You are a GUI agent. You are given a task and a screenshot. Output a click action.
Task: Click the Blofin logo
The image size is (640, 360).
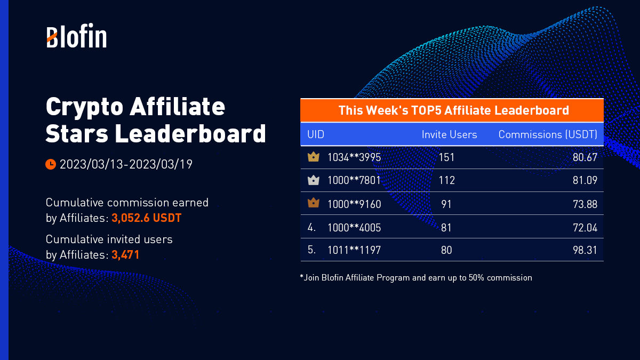[76, 36]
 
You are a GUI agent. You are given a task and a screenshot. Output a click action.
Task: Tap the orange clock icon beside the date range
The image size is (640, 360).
[51, 164]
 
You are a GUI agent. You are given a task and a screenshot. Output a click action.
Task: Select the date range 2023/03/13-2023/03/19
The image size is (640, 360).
[126, 164]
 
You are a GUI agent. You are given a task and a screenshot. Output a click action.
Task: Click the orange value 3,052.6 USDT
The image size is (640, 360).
[147, 218]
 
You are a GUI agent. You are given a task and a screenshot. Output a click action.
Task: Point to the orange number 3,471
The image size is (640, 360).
[125, 255]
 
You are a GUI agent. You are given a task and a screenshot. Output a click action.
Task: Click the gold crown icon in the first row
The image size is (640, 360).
[314, 157]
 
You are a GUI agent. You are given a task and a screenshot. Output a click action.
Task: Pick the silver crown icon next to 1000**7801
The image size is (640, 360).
[314, 180]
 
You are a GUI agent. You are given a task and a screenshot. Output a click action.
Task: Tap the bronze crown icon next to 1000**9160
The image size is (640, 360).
[314, 203]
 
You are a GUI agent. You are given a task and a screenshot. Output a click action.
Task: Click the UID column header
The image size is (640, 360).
[316, 134]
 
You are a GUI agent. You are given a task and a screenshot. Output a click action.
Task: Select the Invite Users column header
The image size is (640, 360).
[449, 134]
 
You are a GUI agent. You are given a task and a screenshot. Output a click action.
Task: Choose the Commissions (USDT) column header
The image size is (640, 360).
[548, 134]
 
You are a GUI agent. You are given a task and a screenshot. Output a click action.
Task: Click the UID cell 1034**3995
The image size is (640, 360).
[354, 157]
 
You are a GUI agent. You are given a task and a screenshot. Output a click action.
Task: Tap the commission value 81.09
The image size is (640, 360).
[585, 180]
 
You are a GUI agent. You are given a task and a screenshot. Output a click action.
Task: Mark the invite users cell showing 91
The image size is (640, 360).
[446, 204]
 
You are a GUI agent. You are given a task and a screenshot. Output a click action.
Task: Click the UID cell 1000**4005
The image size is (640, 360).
[354, 228]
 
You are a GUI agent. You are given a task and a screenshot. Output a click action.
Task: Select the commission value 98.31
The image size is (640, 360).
[585, 250]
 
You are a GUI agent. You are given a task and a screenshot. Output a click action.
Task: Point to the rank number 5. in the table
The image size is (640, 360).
[312, 250]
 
